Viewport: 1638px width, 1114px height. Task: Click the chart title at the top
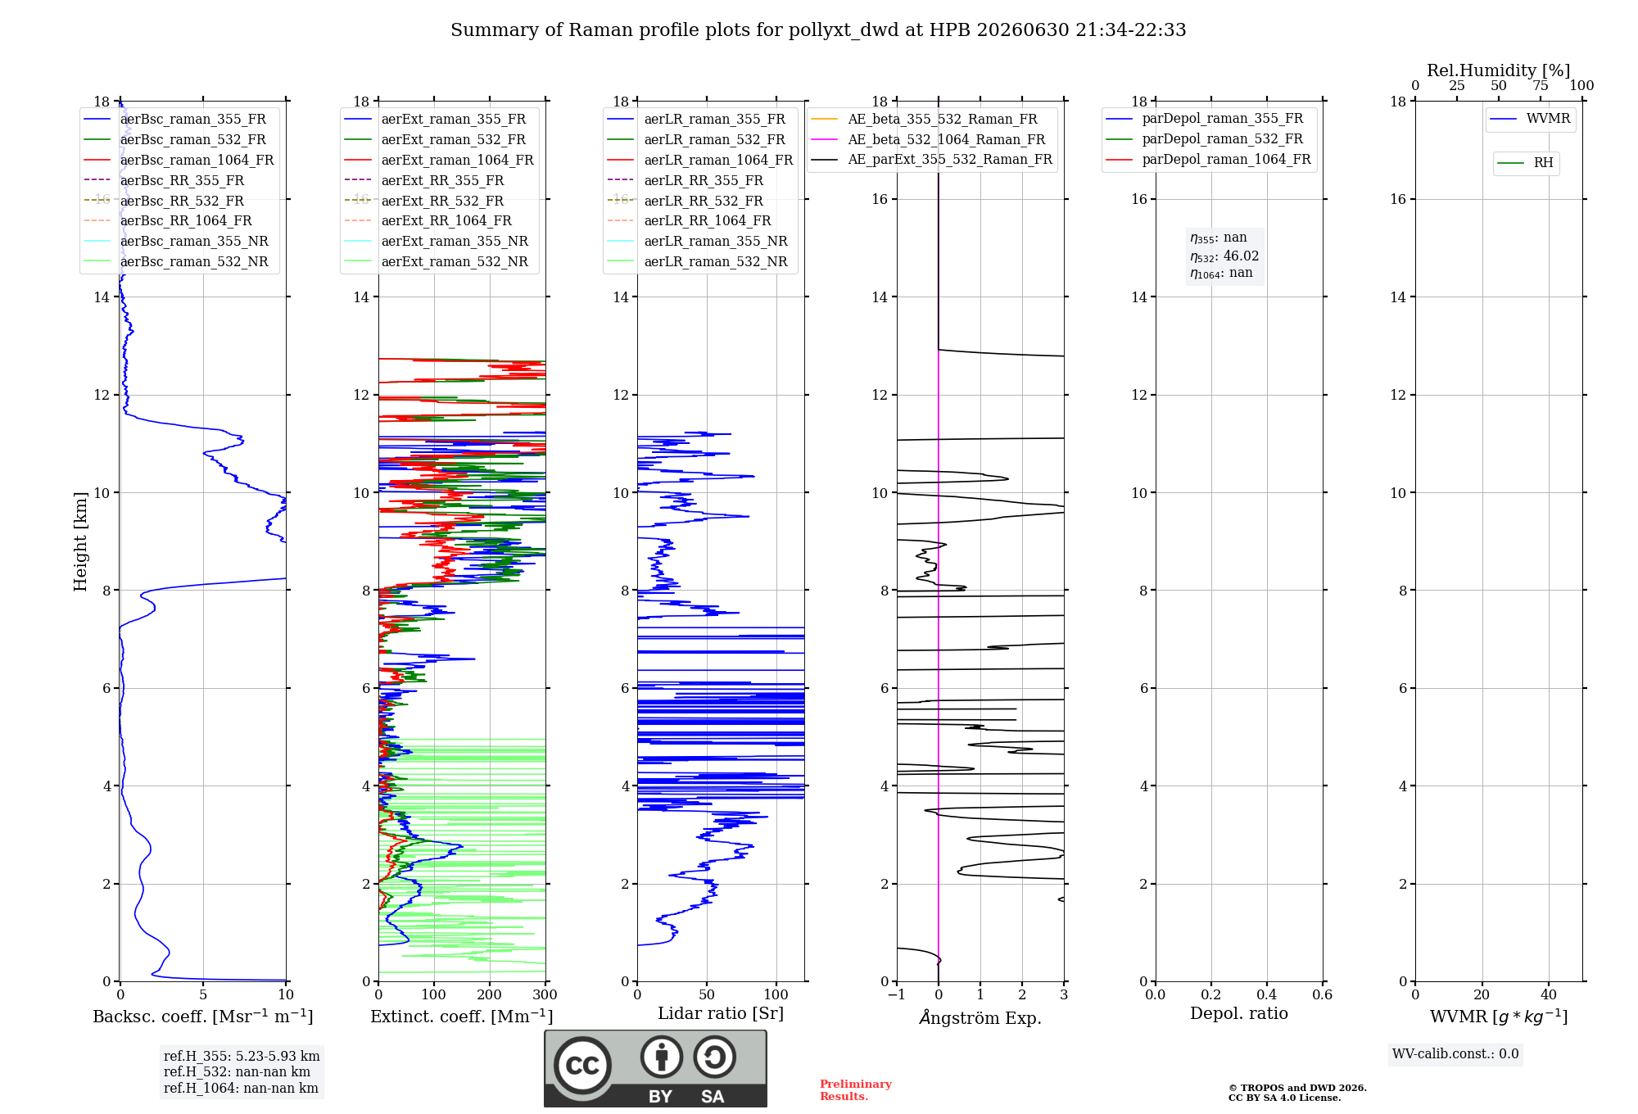pos(818,30)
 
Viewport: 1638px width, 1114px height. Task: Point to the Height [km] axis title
pos(80,541)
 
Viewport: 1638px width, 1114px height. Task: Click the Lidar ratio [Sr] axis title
pos(721,1013)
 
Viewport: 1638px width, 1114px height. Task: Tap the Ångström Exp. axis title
pos(980,1017)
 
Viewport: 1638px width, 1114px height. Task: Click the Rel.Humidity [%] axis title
pos(1499,70)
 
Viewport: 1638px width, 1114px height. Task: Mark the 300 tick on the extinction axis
pos(545,995)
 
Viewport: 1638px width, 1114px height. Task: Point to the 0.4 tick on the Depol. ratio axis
pos(1266,995)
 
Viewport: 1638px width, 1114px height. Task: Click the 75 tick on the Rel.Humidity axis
pos(1541,85)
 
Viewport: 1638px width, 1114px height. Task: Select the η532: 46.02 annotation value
pos(1224,256)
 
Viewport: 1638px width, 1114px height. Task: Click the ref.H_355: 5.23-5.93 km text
pos(242,1057)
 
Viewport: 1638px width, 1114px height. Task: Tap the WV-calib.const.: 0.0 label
pos(1455,1054)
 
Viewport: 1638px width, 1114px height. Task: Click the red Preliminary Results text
pos(856,1090)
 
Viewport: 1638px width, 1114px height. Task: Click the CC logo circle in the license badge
pos(582,1065)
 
